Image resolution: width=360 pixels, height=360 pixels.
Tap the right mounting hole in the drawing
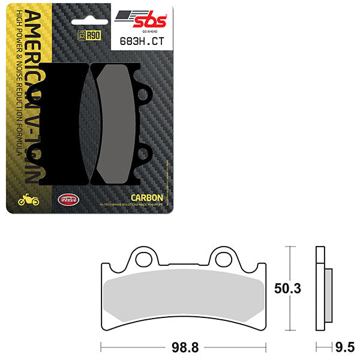coord(223,259)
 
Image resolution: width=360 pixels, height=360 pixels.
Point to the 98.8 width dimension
coord(183,346)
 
